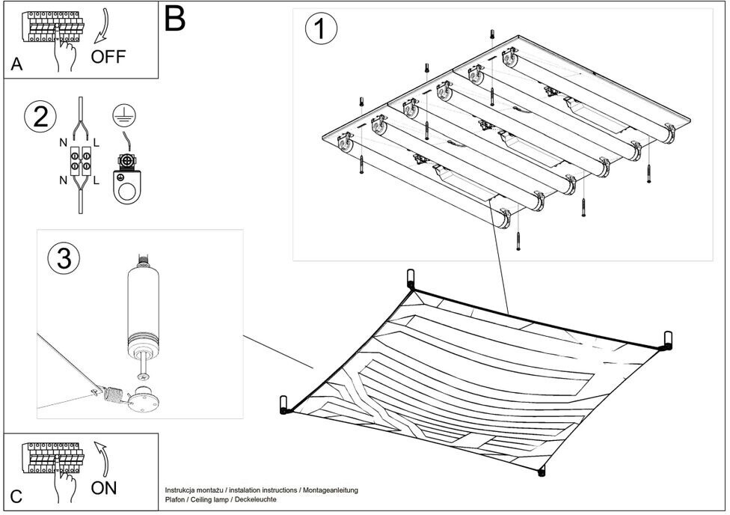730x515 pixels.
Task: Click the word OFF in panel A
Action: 109,57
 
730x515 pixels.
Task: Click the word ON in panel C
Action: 103,488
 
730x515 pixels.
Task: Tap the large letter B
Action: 174,18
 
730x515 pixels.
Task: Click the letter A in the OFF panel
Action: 17,66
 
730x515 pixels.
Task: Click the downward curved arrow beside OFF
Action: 100,27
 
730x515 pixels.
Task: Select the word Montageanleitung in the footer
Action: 329,490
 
